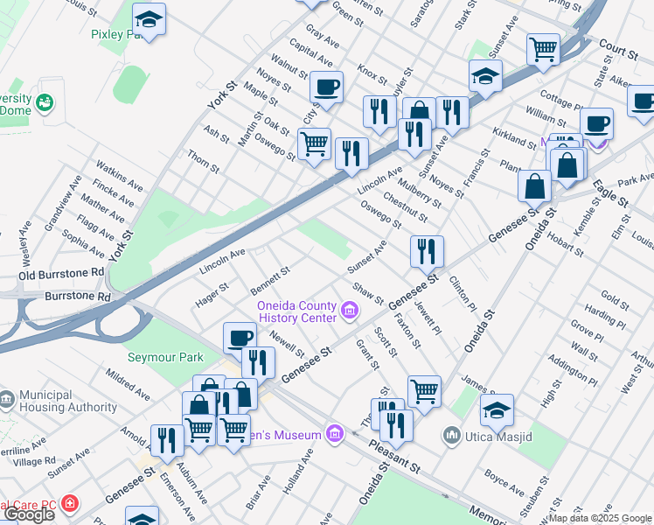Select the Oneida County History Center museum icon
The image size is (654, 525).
click(x=350, y=310)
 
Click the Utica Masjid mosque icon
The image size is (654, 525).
click(x=452, y=433)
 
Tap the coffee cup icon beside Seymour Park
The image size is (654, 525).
click(x=240, y=338)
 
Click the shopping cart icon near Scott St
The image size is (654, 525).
click(x=424, y=391)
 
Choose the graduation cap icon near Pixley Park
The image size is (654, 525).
click(x=150, y=20)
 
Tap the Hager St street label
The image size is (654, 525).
click(x=212, y=294)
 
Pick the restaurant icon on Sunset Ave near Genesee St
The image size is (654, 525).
click(x=427, y=252)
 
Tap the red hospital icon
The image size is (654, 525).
click(x=68, y=506)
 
